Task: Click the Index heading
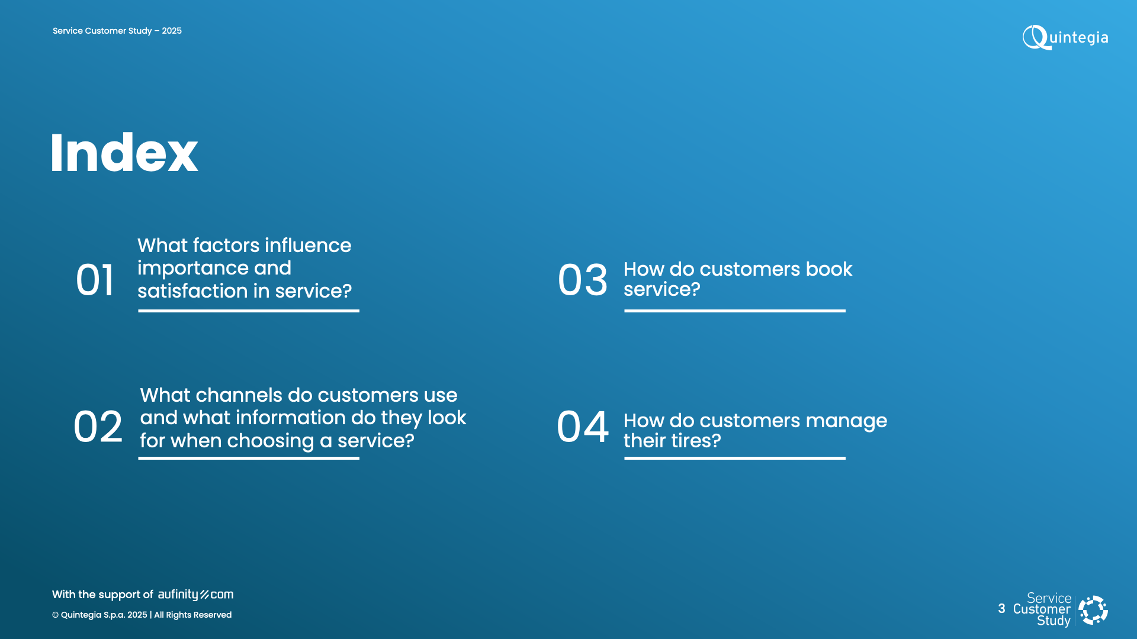pos(124,153)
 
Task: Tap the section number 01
pos(95,280)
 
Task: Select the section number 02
pos(98,427)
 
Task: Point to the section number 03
pos(583,280)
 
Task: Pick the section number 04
pos(583,427)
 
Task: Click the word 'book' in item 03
pos(828,269)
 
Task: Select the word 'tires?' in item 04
pos(696,441)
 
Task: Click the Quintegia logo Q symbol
pos(1035,37)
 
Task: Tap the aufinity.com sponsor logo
pos(195,595)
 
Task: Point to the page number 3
pos(1001,609)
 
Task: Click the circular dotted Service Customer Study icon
pos(1093,610)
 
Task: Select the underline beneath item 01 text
pos(249,311)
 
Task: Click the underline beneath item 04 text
pos(734,458)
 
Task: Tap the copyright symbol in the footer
pos(55,615)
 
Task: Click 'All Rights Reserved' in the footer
pos(193,615)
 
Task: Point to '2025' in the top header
pos(172,31)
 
